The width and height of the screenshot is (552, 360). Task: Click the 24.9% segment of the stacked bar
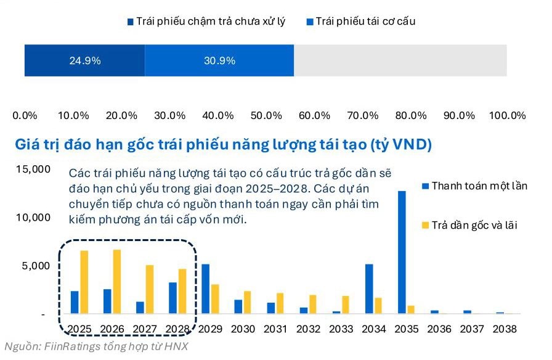pyautogui.click(x=85, y=60)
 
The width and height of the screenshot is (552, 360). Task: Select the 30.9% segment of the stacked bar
pyautogui.click(x=219, y=60)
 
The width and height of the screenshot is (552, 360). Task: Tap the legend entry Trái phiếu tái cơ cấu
pyautogui.click(x=365, y=22)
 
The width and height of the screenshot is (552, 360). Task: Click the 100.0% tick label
pyautogui.click(x=507, y=115)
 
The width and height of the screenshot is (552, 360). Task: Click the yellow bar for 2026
pyautogui.click(x=117, y=282)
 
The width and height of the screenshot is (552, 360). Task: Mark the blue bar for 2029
pyautogui.click(x=205, y=288)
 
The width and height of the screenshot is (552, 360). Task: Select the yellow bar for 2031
pyautogui.click(x=280, y=303)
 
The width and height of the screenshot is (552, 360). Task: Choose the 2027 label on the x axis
pyautogui.click(x=145, y=329)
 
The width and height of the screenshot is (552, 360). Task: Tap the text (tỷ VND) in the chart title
pyautogui.click(x=400, y=145)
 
